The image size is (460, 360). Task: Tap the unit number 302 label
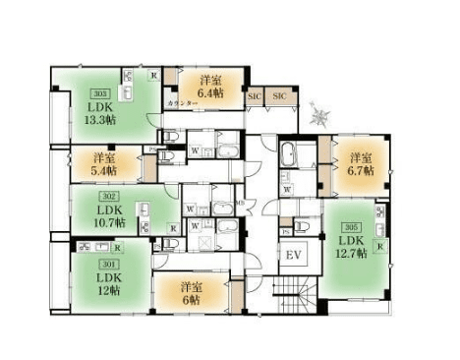point(103,197)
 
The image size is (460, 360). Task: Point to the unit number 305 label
point(351,225)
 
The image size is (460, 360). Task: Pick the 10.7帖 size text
point(105,223)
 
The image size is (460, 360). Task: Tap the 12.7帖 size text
point(352,254)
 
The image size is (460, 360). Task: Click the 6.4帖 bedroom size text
point(207,93)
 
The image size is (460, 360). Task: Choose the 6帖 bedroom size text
point(190,300)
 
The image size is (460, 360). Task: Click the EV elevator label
point(292,256)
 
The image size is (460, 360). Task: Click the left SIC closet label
point(255,96)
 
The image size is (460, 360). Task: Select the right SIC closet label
point(278,96)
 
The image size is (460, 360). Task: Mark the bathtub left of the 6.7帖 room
point(291,155)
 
